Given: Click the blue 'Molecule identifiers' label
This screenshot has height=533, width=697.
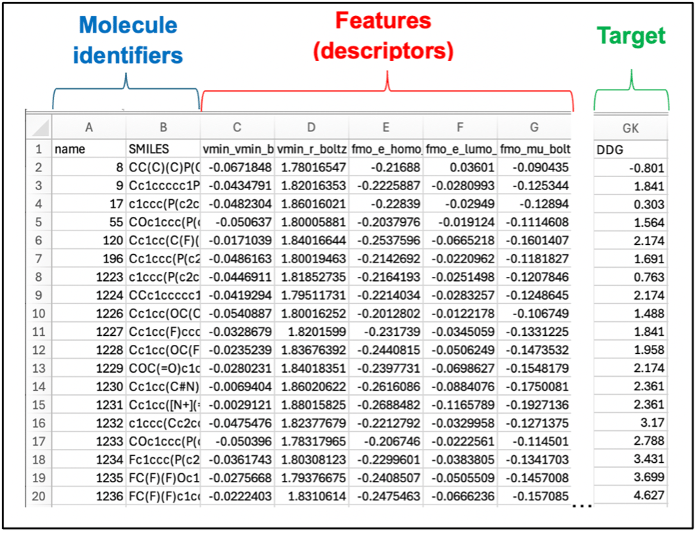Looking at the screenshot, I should [x=127, y=40].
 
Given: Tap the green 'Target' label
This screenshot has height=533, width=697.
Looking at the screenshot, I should [x=631, y=36].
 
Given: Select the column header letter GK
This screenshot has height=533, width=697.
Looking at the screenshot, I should [x=630, y=128].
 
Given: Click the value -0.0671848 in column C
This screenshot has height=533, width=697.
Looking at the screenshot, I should [x=237, y=167].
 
